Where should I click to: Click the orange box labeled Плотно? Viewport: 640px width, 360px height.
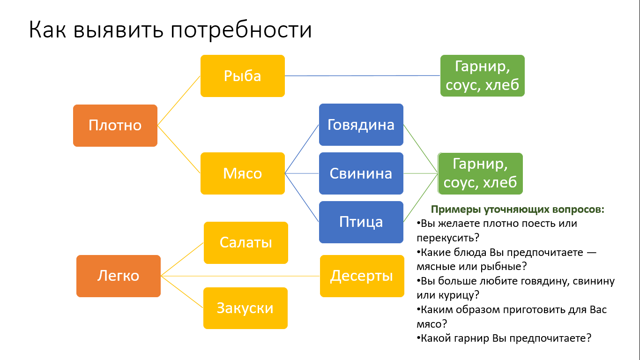(x=115, y=125)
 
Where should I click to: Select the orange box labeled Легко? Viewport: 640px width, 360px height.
(x=118, y=276)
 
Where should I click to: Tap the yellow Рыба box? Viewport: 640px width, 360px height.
(x=242, y=76)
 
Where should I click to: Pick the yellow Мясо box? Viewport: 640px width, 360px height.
(x=242, y=173)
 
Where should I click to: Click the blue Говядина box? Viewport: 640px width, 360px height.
(x=361, y=125)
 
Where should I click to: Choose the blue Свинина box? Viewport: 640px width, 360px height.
(x=361, y=173)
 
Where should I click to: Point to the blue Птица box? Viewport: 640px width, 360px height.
(x=361, y=222)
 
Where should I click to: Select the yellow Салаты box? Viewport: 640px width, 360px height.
(x=246, y=242)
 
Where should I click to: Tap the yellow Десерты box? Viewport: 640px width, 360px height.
(x=362, y=276)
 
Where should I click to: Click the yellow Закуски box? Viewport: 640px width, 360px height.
(x=245, y=308)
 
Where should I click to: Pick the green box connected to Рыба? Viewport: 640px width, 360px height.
(x=482, y=76)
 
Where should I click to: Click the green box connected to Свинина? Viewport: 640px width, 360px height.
(x=480, y=173)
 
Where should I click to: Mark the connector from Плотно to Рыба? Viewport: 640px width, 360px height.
(x=179, y=101)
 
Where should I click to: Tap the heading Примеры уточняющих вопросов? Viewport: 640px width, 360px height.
(x=517, y=210)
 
